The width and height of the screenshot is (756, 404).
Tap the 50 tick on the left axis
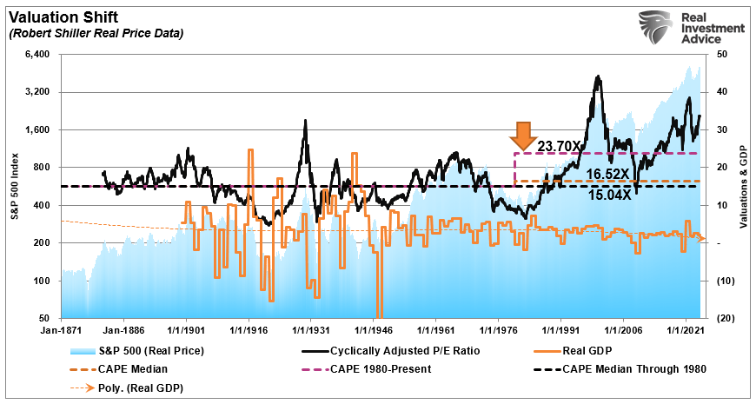pyautogui.click(x=43, y=318)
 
